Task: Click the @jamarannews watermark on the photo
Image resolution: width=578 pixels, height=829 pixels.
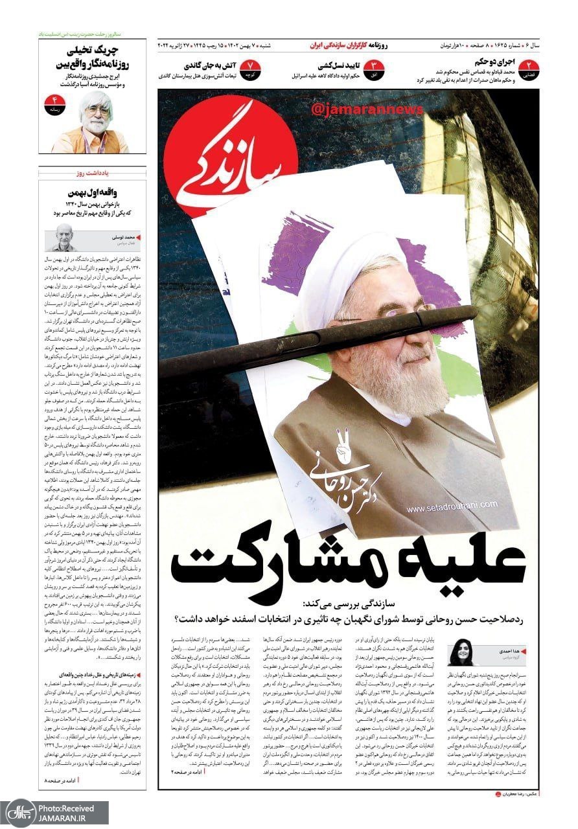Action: (367, 109)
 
